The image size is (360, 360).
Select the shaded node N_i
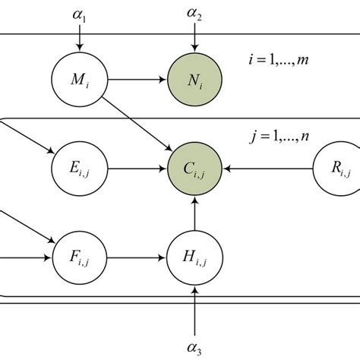click(x=195, y=78)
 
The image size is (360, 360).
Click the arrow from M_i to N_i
click(x=137, y=78)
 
